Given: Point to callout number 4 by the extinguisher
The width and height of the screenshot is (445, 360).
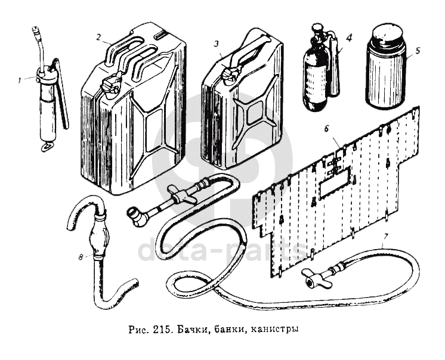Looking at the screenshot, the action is [x=349, y=37].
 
